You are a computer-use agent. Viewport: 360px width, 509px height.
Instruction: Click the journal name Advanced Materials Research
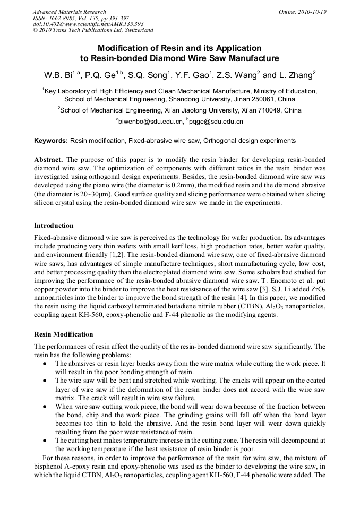pos(69,12)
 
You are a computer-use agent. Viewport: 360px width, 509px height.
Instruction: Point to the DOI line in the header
pos(88,24)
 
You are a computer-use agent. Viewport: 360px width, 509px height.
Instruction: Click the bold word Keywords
pos(50,141)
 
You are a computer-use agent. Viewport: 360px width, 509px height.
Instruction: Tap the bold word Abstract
pos(49,160)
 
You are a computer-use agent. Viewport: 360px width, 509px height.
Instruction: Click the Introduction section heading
pos(54,226)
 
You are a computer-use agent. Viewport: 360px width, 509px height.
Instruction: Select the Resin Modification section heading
pos(63,334)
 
